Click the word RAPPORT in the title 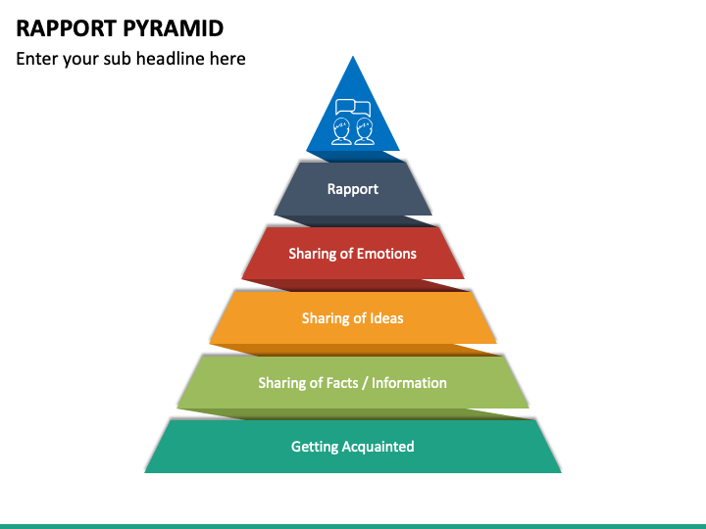pos(67,28)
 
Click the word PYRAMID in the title pos(173,28)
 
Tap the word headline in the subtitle pos(171,59)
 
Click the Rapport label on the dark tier pos(353,189)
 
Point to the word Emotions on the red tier pos(386,254)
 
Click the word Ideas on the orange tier pos(386,318)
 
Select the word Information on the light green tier pos(409,383)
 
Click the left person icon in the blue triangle pos(341,131)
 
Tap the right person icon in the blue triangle pos(364,131)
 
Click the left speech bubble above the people pos(345,107)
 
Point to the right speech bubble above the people pos(363,108)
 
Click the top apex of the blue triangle pos(353,56)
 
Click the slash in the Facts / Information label pos(365,383)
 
